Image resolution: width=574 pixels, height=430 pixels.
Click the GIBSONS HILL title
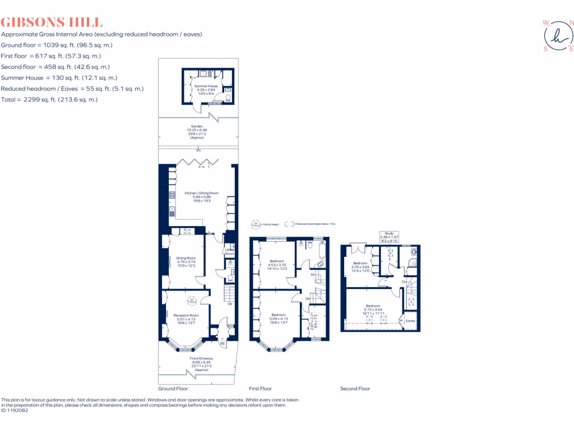point(52,22)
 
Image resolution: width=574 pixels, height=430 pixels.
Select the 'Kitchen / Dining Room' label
point(201,193)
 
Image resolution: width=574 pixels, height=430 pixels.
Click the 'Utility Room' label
point(229,252)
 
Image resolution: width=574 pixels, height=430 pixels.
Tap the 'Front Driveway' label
point(201,358)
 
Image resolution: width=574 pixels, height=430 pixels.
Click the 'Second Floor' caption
point(355,389)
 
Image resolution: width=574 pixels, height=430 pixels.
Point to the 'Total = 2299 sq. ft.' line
point(49,100)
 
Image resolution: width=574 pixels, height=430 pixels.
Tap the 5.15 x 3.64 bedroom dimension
point(372,310)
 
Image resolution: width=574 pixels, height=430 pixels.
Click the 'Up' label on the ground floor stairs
point(230,304)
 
